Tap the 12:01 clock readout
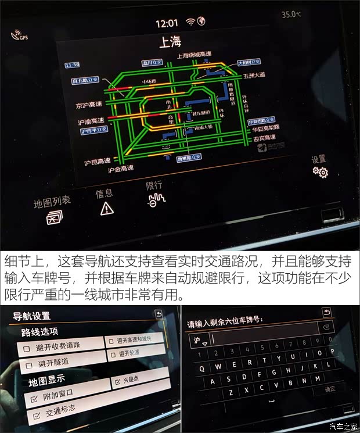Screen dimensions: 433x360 point(167,23)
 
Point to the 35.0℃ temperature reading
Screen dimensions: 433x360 point(291,14)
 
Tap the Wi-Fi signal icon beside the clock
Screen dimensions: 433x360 point(190,22)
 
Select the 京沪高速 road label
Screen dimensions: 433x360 point(89,105)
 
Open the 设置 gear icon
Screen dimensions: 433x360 point(320,171)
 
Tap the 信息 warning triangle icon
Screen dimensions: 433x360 point(107,209)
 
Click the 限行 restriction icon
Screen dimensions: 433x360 point(156,201)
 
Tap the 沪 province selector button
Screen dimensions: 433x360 point(200,340)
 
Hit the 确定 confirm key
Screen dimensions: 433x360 point(330,389)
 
